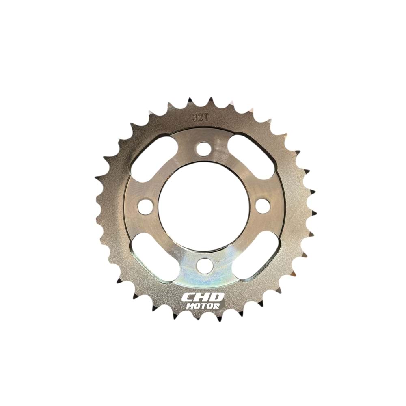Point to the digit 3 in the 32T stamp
pos(194,118)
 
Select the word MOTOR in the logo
pos(203,306)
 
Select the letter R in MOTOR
pos(216,306)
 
